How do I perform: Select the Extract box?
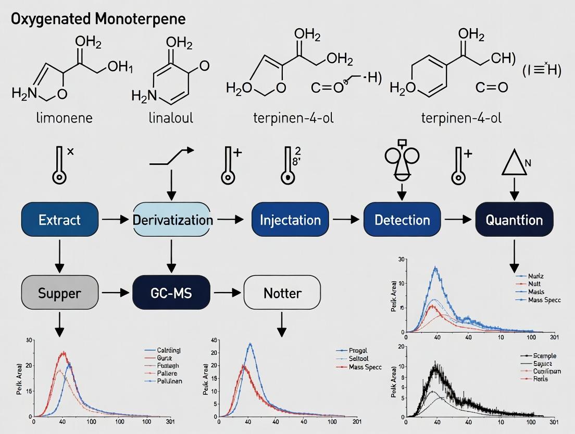pos(59,220)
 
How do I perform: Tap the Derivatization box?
pos(173,220)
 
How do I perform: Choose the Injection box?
pos(290,220)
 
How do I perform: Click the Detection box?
pos(402,220)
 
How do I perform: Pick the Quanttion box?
pos(514,220)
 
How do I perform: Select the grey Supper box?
pos(59,293)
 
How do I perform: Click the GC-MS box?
pos(171,293)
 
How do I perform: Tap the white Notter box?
pos(282,293)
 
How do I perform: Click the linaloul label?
pos(171,118)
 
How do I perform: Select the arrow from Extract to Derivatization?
pos(115,220)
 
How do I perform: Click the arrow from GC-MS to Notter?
pos(227,293)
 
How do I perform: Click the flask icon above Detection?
pos(402,160)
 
